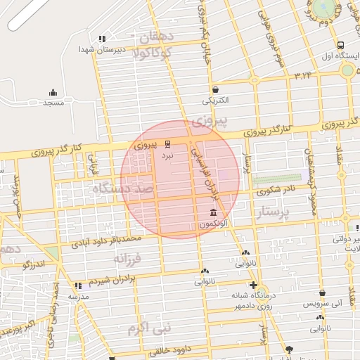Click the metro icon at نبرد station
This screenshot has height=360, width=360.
(167, 144)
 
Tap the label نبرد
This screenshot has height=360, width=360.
(167, 154)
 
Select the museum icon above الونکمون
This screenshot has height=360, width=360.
(213, 212)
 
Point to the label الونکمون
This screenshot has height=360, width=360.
(212, 223)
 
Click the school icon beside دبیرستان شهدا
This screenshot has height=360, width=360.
(102, 39)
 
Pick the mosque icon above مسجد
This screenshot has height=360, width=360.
(53, 92)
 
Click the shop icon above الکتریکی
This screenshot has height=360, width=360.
(215, 89)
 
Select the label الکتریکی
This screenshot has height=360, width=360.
(215, 100)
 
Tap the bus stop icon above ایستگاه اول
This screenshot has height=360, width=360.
(340, 44)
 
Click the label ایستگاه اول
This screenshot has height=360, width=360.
(336, 54)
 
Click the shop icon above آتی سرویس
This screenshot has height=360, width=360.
(322, 293)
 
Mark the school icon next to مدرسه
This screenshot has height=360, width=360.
(77, 285)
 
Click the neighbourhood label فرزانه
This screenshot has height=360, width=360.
(127, 259)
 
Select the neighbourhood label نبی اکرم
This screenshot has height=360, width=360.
(150, 328)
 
